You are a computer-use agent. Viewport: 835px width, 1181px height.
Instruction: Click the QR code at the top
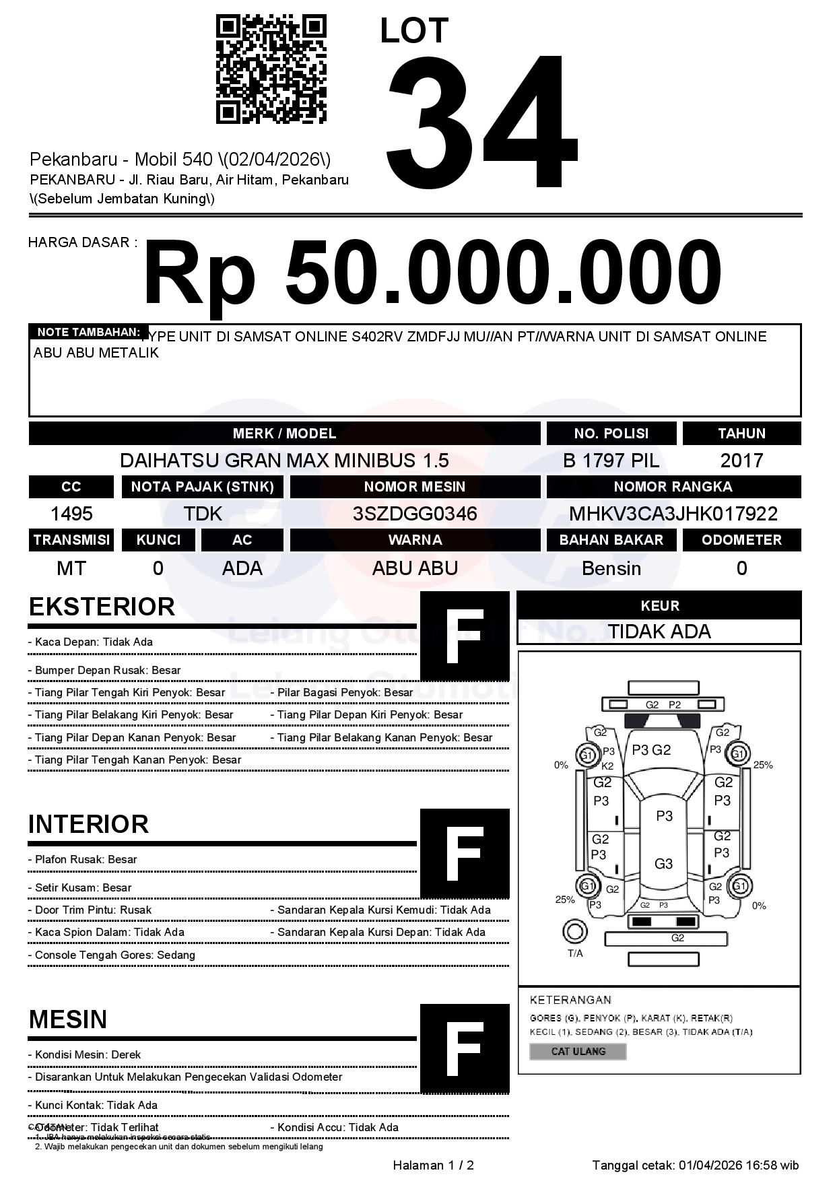coord(271,70)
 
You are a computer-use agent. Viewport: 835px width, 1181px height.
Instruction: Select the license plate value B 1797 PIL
coord(611,461)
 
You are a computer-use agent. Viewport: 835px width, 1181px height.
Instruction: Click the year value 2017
coord(741,461)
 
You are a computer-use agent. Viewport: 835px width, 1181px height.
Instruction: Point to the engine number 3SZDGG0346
coord(415,514)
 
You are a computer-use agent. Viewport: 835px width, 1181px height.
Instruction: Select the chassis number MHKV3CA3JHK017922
coord(673,514)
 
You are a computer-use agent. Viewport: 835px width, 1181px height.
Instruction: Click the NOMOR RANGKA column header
coord(673,487)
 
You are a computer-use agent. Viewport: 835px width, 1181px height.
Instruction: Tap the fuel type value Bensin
coord(611,568)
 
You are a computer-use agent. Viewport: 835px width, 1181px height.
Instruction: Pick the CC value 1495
coord(71,514)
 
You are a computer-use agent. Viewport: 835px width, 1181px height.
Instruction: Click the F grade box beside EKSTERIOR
coord(465,636)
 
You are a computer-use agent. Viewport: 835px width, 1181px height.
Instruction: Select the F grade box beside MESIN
coord(465,1048)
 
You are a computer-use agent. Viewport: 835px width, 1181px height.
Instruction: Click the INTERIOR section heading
coord(88,824)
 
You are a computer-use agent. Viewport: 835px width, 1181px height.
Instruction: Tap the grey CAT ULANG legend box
coord(578,1051)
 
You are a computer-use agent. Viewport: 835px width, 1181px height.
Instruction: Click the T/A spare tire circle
coord(574,932)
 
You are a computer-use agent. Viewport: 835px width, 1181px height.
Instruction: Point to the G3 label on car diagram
coord(663,864)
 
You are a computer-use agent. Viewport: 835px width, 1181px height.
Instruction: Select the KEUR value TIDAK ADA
coord(659,632)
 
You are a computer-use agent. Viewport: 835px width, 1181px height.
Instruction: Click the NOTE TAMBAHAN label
coord(88,332)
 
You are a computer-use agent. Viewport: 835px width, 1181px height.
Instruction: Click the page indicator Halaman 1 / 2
coord(433,1166)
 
